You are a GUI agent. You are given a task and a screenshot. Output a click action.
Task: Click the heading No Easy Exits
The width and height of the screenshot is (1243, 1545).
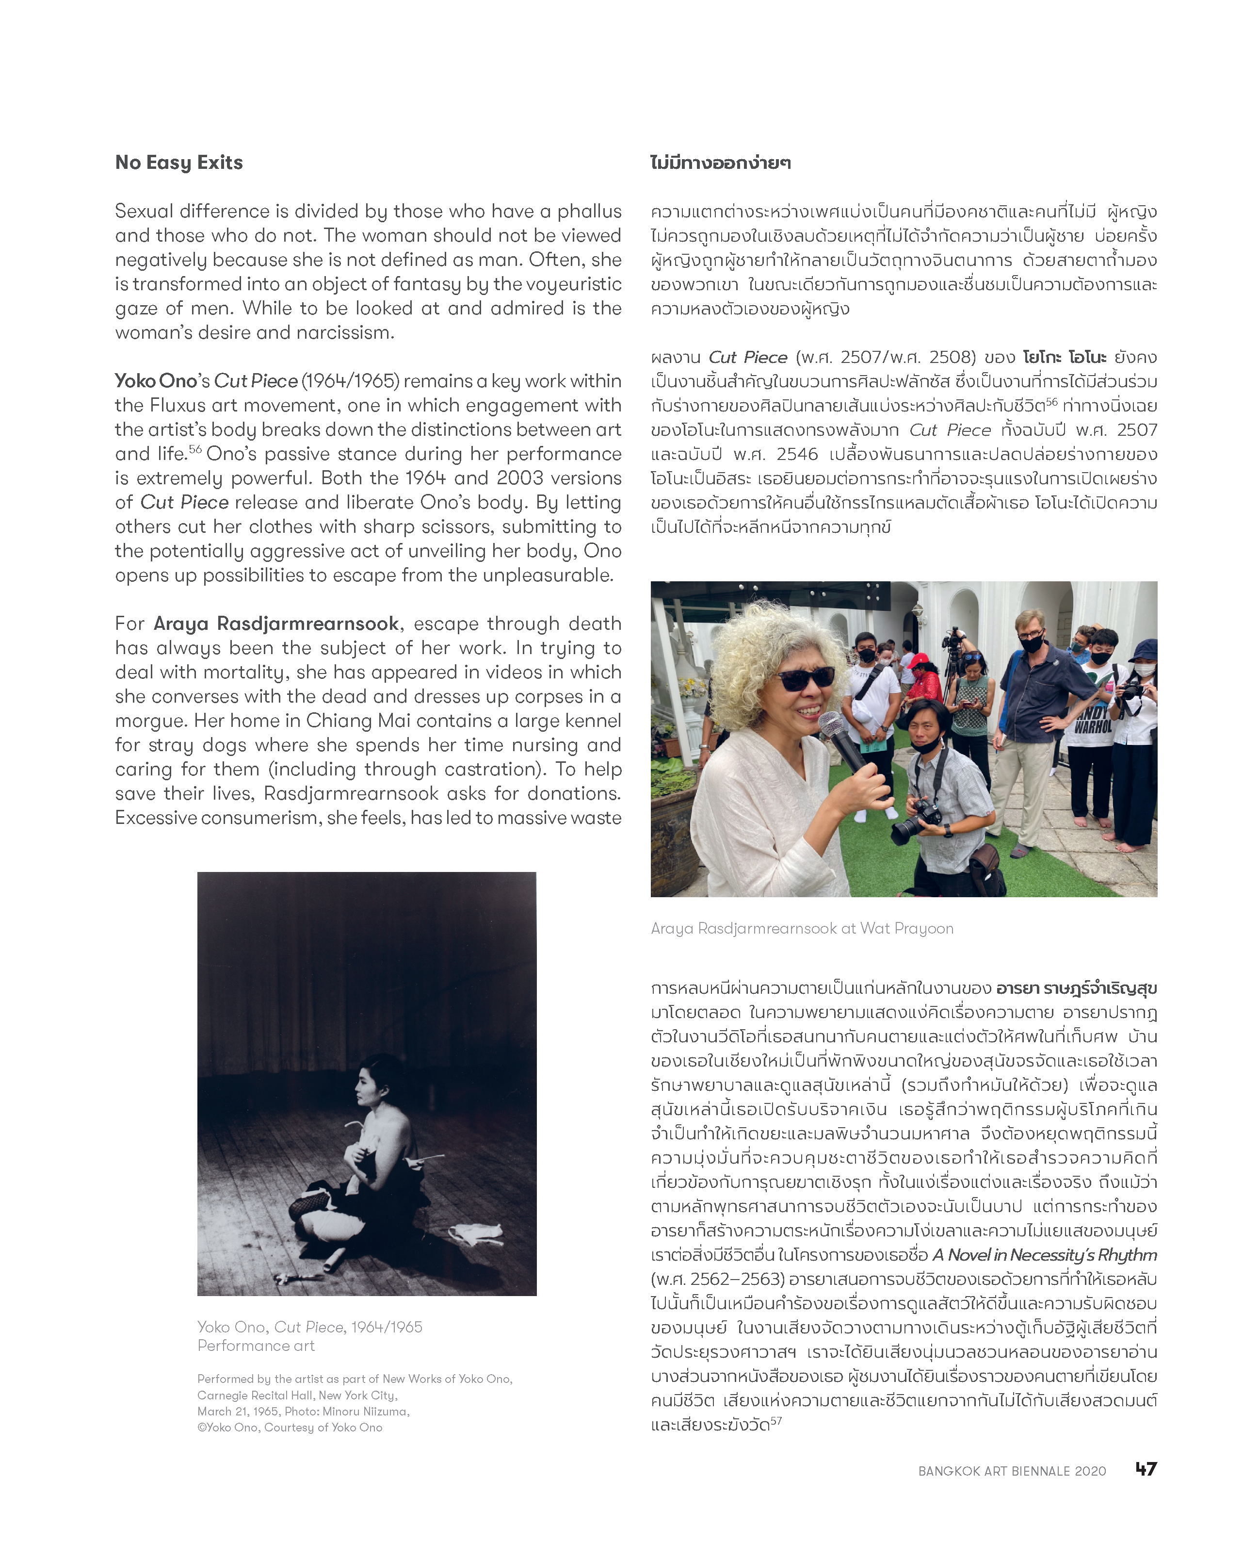[x=179, y=163]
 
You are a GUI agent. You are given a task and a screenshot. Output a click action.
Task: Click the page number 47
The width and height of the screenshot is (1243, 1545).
[x=1146, y=1468]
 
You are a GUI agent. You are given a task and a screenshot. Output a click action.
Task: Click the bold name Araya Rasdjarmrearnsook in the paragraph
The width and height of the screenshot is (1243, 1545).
[x=276, y=624]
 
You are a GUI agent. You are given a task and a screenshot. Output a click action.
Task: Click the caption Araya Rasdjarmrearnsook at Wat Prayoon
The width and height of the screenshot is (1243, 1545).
[x=802, y=929]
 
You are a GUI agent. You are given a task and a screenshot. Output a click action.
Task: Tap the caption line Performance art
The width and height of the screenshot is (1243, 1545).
[x=256, y=1346]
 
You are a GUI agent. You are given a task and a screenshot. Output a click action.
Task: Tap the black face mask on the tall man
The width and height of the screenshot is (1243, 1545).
[x=1032, y=643]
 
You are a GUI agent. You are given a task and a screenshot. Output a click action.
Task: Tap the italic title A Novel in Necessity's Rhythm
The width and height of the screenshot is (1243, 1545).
[x=1045, y=1255]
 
